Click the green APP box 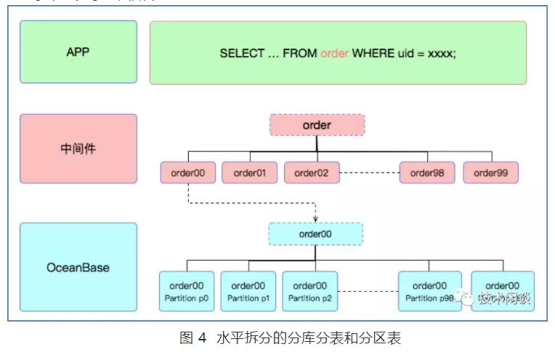pyautogui.click(x=78, y=52)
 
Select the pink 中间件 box pyautogui.click(x=78, y=149)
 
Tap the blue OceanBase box pyautogui.click(x=78, y=267)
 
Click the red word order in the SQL pyautogui.click(x=334, y=54)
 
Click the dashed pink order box pyautogui.click(x=317, y=126)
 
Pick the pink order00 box pyautogui.click(x=187, y=173)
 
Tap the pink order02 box pyautogui.click(x=311, y=173)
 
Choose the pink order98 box pyautogui.click(x=428, y=173)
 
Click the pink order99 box pyautogui.click(x=490, y=173)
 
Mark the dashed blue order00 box pyautogui.click(x=315, y=234)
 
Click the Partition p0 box pyautogui.click(x=187, y=291)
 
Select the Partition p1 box pyautogui.click(x=248, y=291)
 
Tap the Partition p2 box pyautogui.click(x=309, y=291)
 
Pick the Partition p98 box pyautogui.click(x=429, y=291)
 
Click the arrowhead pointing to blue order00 pyautogui.click(x=315, y=219)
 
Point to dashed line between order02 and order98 pyautogui.click(x=369, y=173)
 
